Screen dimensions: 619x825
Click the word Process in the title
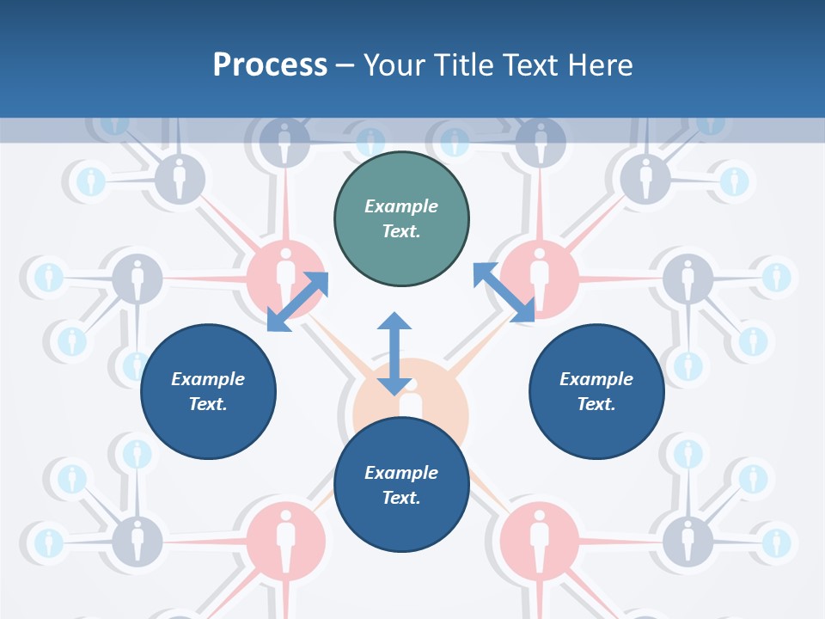[270, 65]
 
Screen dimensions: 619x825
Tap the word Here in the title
[600, 65]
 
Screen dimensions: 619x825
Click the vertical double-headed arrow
[394, 353]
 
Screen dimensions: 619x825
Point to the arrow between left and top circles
[297, 301]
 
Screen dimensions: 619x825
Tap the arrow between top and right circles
[504, 292]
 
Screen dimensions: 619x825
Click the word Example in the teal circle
[401, 206]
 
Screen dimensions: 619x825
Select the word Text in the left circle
[207, 404]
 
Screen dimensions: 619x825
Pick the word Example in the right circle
[596, 379]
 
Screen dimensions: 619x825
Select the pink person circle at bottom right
[539, 537]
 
